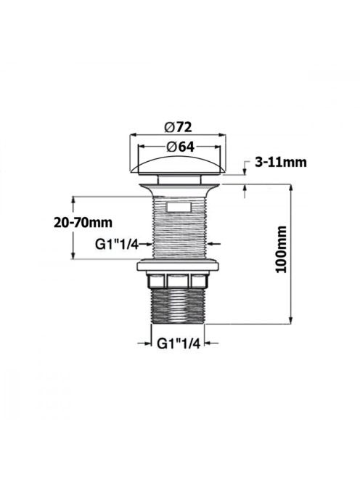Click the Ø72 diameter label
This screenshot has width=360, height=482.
coord(178,126)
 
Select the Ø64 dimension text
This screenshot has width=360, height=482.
coord(181,147)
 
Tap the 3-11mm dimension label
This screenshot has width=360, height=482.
coord(281,162)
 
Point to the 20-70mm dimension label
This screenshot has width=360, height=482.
coord(83,222)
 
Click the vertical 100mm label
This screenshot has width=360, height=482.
coord(281,249)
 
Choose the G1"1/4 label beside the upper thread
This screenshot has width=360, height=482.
coord(117,245)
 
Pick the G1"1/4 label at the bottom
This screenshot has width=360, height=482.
coord(179,343)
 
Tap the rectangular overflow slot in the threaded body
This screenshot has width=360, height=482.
coord(179,207)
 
